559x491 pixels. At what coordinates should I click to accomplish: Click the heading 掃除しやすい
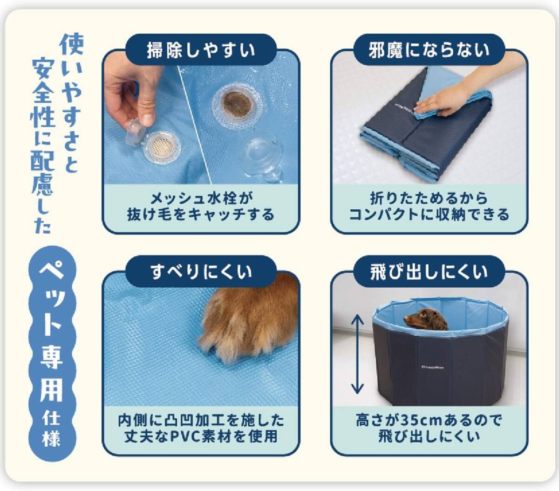pos(201,50)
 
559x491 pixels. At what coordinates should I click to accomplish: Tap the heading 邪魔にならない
pos(429,50)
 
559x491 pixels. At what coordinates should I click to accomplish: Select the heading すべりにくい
pos(201,272)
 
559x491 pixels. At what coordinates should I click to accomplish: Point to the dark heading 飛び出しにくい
pos(429,272)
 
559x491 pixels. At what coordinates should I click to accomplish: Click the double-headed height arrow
pos(358,354)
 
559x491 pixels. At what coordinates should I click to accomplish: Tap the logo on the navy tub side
pos(432,367)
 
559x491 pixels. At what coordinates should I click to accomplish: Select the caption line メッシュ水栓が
pos(201,198)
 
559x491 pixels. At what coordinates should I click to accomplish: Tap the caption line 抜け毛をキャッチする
pos(201,214)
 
